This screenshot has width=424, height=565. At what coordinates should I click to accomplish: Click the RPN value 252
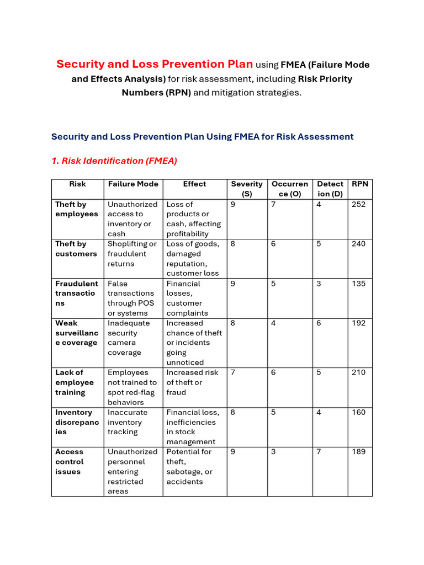click(x=358, y=204)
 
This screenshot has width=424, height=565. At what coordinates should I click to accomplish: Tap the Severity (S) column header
click(x=247, y=189)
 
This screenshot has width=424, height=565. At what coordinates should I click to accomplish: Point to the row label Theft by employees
click(x=77, y=209)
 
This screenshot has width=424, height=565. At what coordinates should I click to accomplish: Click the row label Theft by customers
click(x=76, y=249)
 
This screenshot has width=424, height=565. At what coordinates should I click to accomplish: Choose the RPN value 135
click(x=358, y=284)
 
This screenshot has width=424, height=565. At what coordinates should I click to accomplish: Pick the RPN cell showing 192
click(x=358, y=323)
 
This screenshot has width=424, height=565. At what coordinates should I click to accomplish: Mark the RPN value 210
click(x=358, y=372)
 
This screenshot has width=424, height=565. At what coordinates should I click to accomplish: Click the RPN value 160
click(x=358, y=412)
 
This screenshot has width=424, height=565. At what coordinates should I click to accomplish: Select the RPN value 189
click(x=358, y=452)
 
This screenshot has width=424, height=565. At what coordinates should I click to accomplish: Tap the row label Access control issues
click(x=70, y=462)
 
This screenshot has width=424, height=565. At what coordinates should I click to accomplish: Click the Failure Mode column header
click(x=133, y=184)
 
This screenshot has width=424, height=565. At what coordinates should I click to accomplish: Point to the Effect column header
click(x=194, y=184)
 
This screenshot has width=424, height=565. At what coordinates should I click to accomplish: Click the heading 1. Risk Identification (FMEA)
click(x=114, y=161)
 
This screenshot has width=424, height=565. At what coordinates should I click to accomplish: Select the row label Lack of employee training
click(x=75, y=382)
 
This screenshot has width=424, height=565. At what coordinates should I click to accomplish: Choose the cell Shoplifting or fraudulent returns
click(x=132, y=254)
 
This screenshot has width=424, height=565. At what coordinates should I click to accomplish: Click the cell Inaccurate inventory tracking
click(x=128, y=422)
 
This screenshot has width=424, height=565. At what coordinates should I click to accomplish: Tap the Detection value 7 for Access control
click(x=319, y=452)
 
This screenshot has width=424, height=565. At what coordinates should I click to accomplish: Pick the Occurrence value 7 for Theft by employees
click(x=273, y=204)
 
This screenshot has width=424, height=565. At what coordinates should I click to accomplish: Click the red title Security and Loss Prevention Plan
click(x=155, y=65)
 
